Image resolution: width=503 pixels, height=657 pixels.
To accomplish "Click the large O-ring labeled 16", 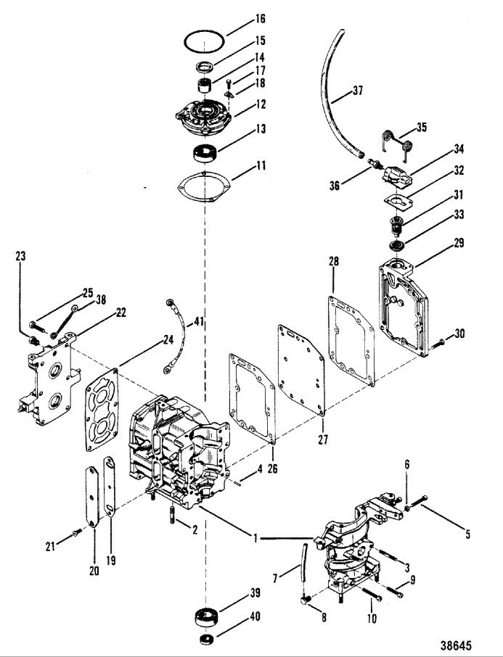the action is pyautogui.click(x=204, y=31).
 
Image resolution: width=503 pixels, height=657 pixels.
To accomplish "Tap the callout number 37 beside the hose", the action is pyautogui.click(x=357, y=90).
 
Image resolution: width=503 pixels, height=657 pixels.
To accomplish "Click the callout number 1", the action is pyautogui.click(x=255, y=538).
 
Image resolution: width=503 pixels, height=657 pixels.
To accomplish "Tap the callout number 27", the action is pyautogui.click(x=323, y=439).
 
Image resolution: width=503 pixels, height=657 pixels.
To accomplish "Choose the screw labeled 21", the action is pyautogui.click(x=78, y=532).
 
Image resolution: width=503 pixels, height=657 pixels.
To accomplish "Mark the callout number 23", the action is pyautogui.click(x=20, y=255).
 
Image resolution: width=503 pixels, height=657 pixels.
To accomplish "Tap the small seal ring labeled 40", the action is pyautogui.click(x=206, y=640).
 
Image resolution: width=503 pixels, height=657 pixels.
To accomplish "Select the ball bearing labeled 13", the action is pyautogui.click(x=205, y=152).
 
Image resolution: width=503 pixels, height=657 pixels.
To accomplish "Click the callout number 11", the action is pyautogui.click(x=261, y=166).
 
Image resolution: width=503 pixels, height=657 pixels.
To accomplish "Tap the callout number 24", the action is pyautogui.click(x=168, y=341).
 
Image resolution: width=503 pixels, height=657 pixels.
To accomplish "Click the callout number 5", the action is pyautogui.click(x=467, y=534).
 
